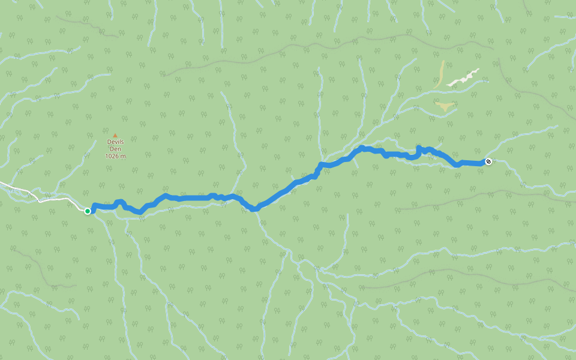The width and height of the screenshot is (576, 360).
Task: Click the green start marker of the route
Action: (x=88, y=211)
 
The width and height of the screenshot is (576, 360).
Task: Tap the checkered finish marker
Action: (x=488, y=161)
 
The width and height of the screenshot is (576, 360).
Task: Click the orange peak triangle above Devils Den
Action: (x=115, y=136)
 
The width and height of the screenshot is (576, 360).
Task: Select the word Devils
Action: (x=115, y=142)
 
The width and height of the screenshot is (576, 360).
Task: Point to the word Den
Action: (x=115, y=149)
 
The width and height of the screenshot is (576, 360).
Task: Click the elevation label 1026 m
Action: (x=115, y=156)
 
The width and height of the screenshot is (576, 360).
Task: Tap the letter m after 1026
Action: (x=124, y=156)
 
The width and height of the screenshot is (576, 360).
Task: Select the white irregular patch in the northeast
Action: (x=463, y=79)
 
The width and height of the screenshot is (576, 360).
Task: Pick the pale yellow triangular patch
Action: (x=445, y=107)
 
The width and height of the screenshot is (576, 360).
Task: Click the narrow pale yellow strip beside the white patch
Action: (x=441, y=73)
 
